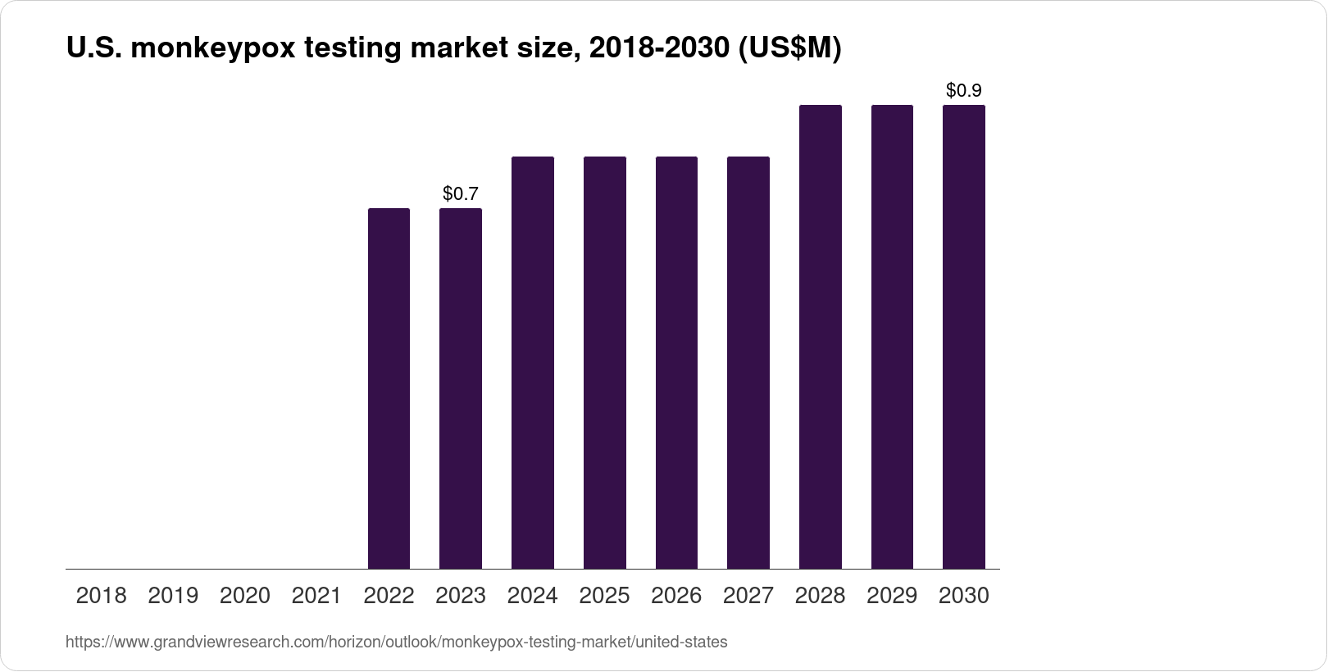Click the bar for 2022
(x=389, y=388)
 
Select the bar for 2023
(x=461, y=388)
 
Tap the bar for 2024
(x=532, y=362)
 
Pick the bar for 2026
(x=676, y=362)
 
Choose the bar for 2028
(x=820, y=336)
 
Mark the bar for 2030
(x=964, y=336)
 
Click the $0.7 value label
(x=460, y=194)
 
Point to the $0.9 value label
(x=963, y=91)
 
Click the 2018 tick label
(x=101, y=596)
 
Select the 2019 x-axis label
(x=173, y=596)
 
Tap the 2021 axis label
(x=316, y=596)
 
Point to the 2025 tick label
(x=604, y=596)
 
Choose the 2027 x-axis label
(x=748, y=596)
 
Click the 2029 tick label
(x=892, y=596)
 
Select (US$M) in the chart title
(x=790, y=49)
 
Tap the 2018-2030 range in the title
(x=659, y=49)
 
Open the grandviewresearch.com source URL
(x=396, y=642)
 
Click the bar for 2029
(x=892, y=336)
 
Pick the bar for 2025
(x=604, y=362)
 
